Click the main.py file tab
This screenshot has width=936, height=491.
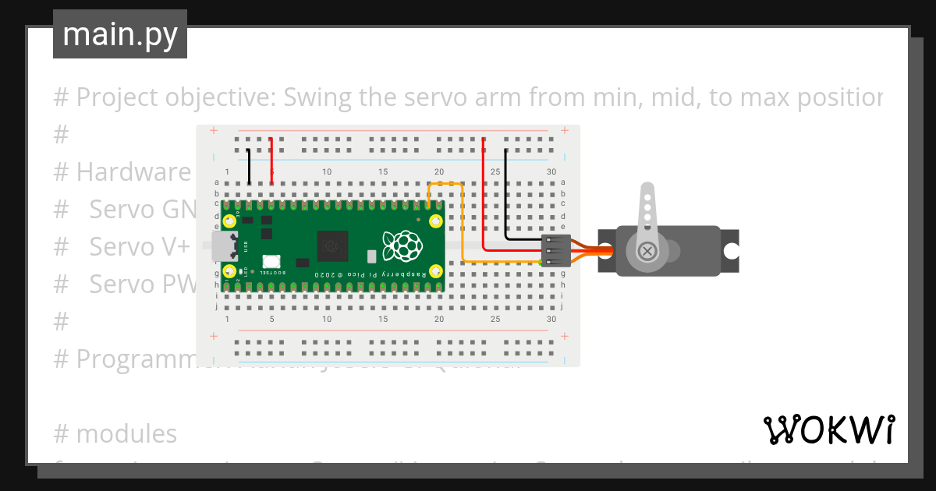119,35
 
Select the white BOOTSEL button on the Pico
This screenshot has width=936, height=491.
271,263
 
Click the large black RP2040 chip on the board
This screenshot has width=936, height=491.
333,246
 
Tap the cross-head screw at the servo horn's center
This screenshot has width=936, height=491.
647,251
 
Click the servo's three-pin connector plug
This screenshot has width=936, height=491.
555,251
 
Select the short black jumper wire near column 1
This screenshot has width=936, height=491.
249,166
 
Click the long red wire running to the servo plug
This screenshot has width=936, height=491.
484,203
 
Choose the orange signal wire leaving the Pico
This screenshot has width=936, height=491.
463,226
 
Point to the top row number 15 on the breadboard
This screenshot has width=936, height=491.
383,171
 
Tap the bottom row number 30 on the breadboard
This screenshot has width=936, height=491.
551,320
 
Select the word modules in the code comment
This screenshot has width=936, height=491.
126,433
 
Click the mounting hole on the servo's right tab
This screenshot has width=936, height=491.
731,251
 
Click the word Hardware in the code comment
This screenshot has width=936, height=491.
133,171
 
